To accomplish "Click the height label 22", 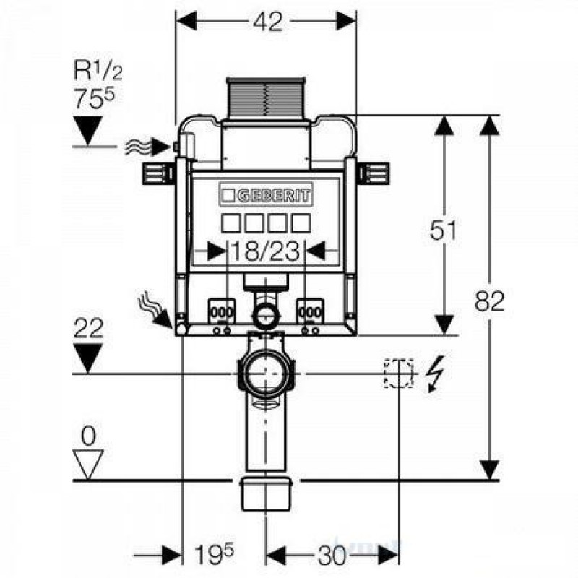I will click(89, 329).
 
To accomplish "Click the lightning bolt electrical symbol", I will click(433, 374).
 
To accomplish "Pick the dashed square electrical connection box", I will click(398, 373).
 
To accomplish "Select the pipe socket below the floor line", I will click(266, 493).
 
